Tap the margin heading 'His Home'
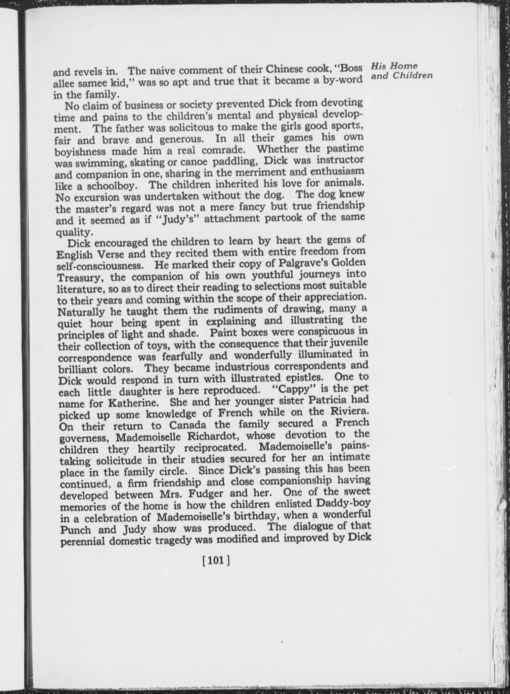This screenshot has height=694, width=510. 394,66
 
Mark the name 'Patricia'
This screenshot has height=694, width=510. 322,400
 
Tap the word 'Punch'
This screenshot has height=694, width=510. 75,530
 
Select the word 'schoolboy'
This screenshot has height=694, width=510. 111,186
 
